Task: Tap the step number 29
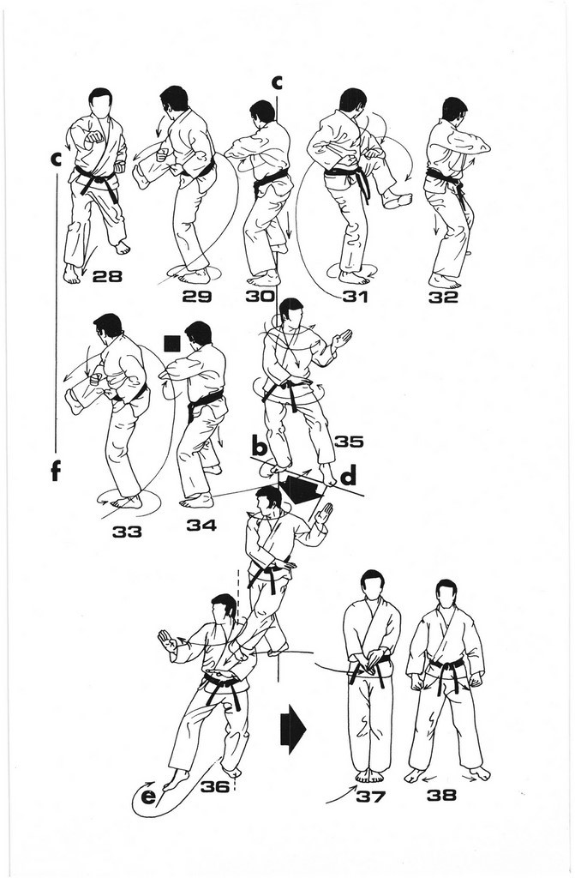pyautogui.click(x=196, y=296)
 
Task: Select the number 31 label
pyautogui.click(x=355, y=296)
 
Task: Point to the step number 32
pyautogui.click(x=443, y=297)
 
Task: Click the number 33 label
pyautogui.click(x=127, y=532)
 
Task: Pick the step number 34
pyautogui.click(x=201, y=525)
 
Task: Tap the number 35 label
pyautogui.click(x=349, y=442)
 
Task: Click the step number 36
pyautogui.click(x=215, y=786)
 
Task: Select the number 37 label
pyautogui.click(x=371, y=795)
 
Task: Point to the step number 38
pyautogui.click(x=442, y=795)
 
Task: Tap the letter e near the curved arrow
pyautogui.click(x=147, y=796)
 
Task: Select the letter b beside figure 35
pyautogui.click(x=259, y=447)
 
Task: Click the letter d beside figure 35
pyautogui.click(x=348, y=477)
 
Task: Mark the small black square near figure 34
pyautogui.click(x=172, y=343)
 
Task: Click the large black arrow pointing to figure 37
pyautogui.click(x=293, y=728)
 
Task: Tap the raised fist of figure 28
pyautogui.click(x=94, y=136)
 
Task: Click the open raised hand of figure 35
pyautogui.click(x=342, y=340)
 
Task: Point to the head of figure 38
pyautogui.click(x=446, y=593)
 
